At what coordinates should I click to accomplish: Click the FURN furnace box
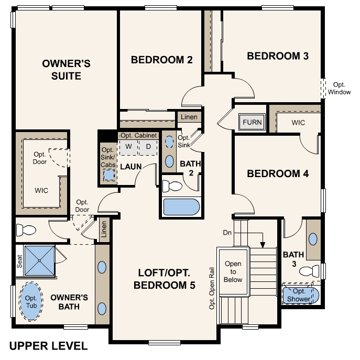coord(252,123)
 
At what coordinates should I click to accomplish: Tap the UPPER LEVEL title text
coord(49,346)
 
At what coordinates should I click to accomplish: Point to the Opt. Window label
coord(340,88)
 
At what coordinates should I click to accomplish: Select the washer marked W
coord(128,147)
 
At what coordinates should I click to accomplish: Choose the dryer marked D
coord(148,147)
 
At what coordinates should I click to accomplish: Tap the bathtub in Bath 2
coord(181,206)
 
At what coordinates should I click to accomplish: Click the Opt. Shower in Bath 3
coord(299,295)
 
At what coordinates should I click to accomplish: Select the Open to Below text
coord(233,272)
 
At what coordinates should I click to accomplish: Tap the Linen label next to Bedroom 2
coord(189,117)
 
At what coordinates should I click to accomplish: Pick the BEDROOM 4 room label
coord(277,174)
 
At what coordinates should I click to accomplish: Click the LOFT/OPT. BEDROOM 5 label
coord(164,279)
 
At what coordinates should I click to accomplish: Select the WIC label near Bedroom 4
coord(298,123)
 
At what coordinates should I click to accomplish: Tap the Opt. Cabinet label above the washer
coord(138,135)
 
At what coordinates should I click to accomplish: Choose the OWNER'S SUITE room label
coord(66,70)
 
